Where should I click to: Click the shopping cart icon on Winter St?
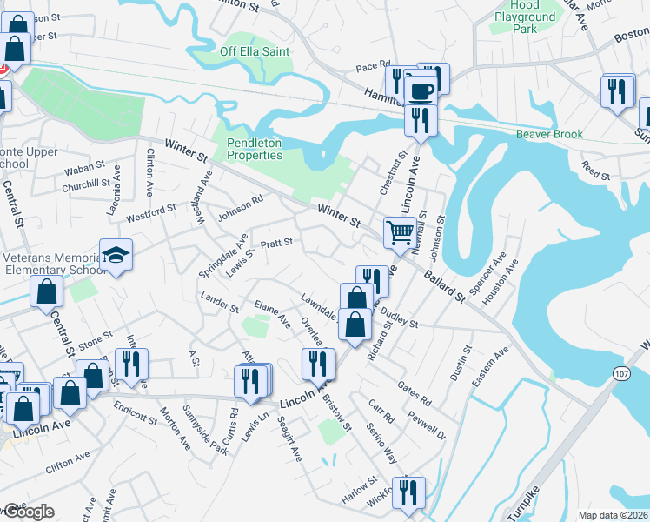coord(399,232)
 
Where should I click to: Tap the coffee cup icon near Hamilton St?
coord(421,91)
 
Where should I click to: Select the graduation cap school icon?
coord(116,254)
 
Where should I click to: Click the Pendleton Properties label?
coord(255,149)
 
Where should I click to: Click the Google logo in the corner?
coord(28,512)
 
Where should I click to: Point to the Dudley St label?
coord(400,321)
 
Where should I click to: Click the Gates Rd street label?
coord(414,391)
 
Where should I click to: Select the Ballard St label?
coord(444,287)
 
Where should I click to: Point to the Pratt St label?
coord(277,242)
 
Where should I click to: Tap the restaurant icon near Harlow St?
coord(407,491)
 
